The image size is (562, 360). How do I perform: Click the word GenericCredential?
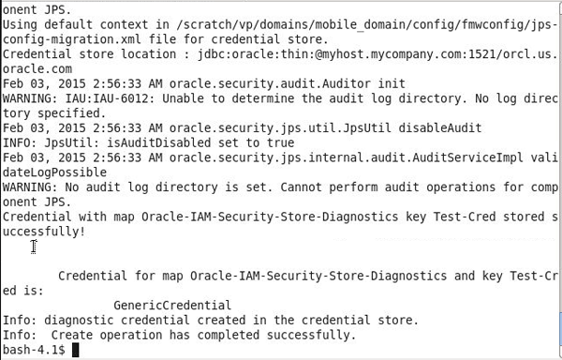click(x=171, y=306)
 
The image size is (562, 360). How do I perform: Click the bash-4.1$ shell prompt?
click(x=33, y=350)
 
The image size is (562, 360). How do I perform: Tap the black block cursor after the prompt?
click(x=76, y=350)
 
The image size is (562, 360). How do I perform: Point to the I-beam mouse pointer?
click(x=34, y=247)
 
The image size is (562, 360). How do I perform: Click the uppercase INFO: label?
click(x=19, y=142)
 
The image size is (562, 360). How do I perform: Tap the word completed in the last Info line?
click(x=236, y=335)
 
